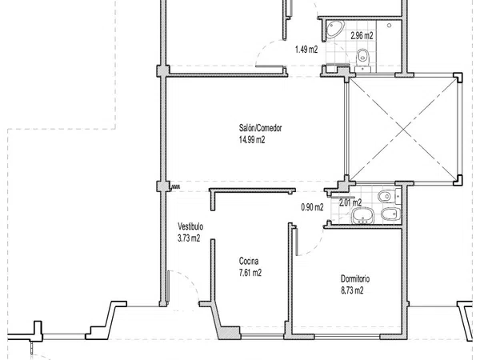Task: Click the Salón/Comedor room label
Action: point(260,128)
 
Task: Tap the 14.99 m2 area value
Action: point(252,140)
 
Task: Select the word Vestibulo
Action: point(190,226)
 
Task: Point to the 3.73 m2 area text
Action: point(189,238)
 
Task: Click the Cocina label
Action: point(249,261)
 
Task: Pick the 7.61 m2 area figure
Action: point(250,273)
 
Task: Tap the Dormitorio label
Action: point(355,279)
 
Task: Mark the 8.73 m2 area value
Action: point(352,290)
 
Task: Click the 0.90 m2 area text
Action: point(312,207)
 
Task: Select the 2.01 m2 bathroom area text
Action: point(350,202)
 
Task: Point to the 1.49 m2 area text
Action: point(306,50)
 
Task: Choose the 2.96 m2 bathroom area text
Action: point(362,35)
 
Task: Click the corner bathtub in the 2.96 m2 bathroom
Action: point(335,30)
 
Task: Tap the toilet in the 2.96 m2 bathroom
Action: point(362,59)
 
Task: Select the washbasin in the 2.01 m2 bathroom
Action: point(363,216)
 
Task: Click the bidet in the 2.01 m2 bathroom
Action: point(391,214)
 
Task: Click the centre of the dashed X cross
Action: point(403,129)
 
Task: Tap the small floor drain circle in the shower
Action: point(389,26)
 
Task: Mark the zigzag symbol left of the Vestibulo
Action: point(175,186)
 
